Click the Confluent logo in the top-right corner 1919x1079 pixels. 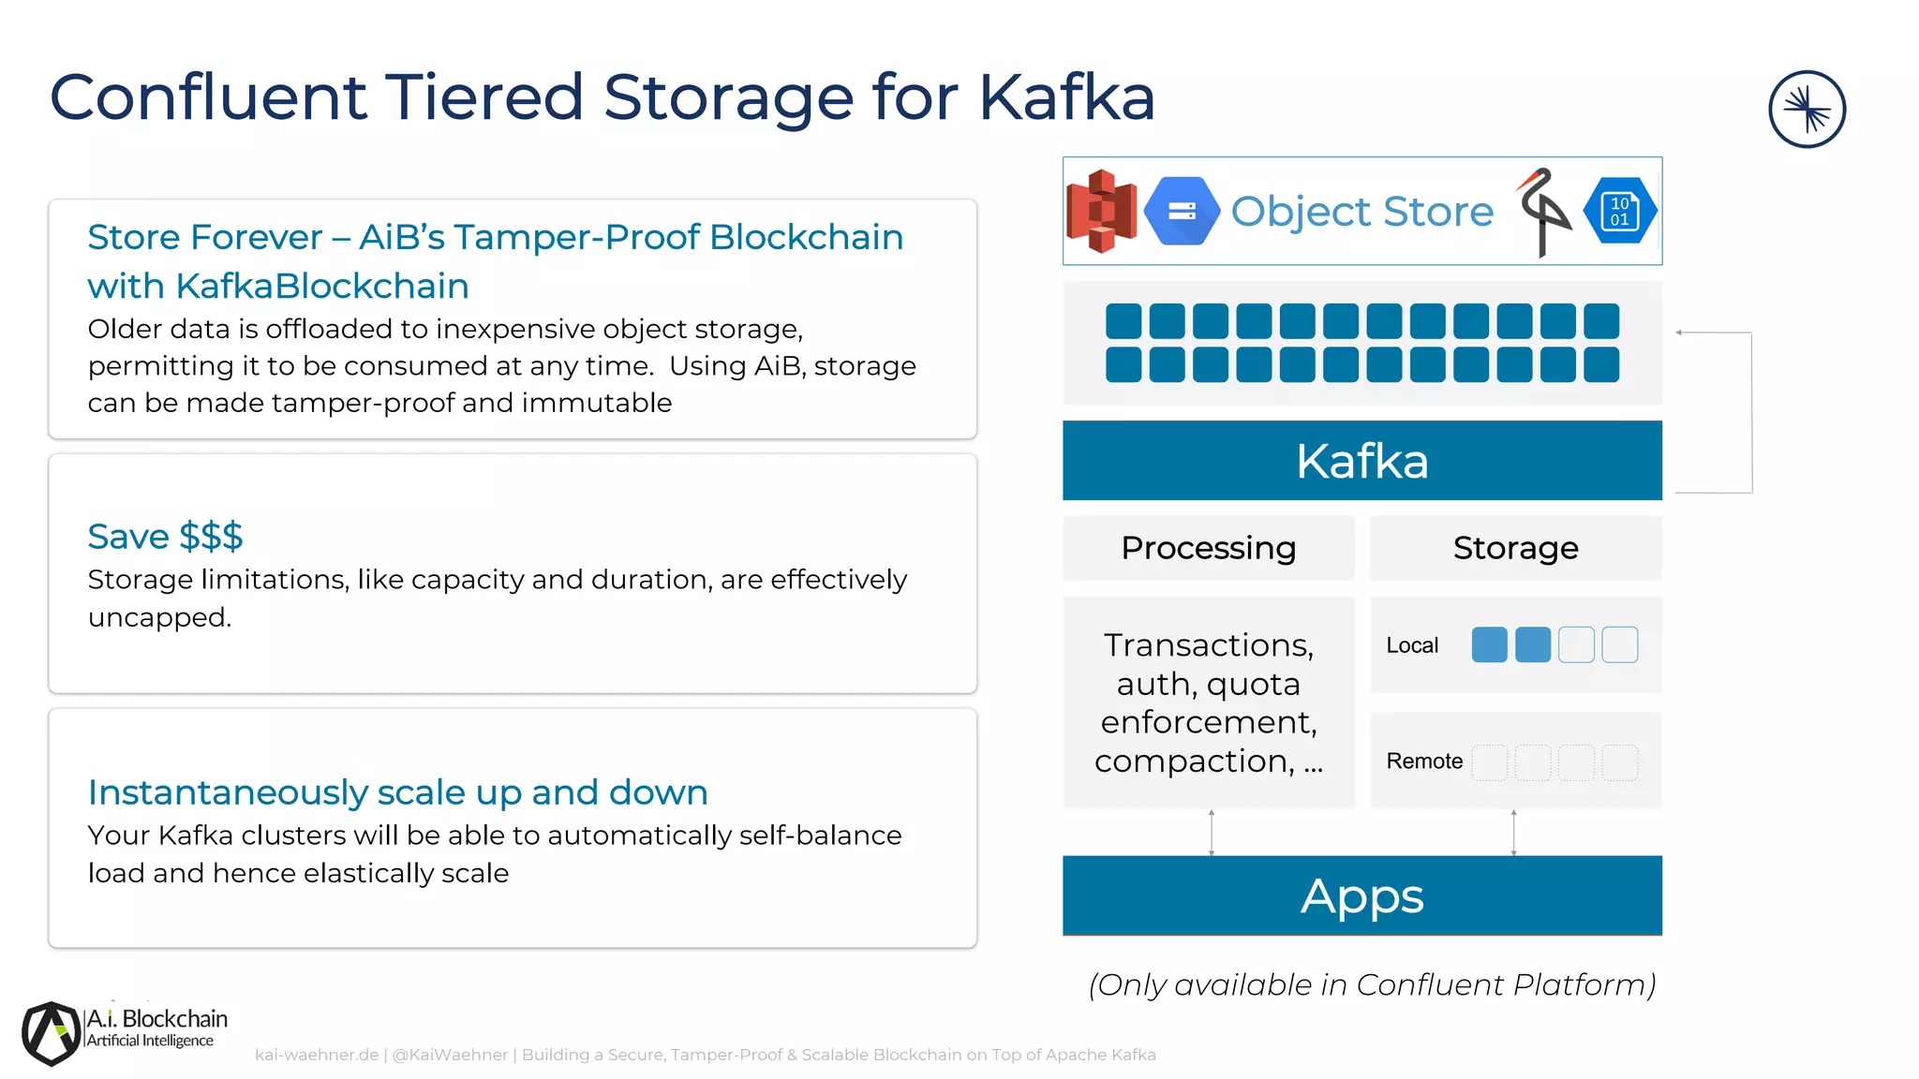[1807, 110]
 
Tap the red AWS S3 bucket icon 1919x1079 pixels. [1101, 212]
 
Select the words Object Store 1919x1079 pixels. [1361, 212]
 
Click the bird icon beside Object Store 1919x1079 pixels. [1542, 212]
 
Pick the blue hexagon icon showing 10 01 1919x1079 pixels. [1619, 212]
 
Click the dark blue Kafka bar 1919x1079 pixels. [1361, 461]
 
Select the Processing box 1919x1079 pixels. [1208, 548]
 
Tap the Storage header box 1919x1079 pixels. [1515, 548]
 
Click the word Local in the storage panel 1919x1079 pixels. [1412, 645]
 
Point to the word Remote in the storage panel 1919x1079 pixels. [1424, 761]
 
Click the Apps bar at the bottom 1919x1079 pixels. [1361, 896]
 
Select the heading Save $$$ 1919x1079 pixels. [165, 537]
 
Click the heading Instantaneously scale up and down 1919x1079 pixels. [397, 792]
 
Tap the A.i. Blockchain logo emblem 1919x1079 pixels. [51, 1033]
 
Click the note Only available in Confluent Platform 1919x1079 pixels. [1372, 985]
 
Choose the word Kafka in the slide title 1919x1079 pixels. [1066, 97]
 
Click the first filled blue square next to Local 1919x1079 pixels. [1489, 645]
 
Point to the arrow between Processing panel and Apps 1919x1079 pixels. [1212, 833]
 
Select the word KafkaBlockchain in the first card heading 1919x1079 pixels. [322, 287]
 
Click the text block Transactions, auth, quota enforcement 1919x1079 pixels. [1208, 702]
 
